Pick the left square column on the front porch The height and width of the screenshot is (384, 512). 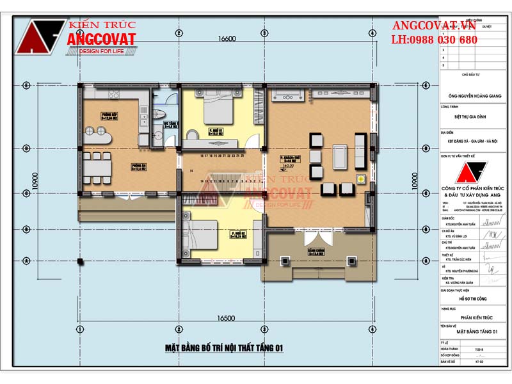284,260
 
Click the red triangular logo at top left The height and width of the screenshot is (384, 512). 41,38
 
